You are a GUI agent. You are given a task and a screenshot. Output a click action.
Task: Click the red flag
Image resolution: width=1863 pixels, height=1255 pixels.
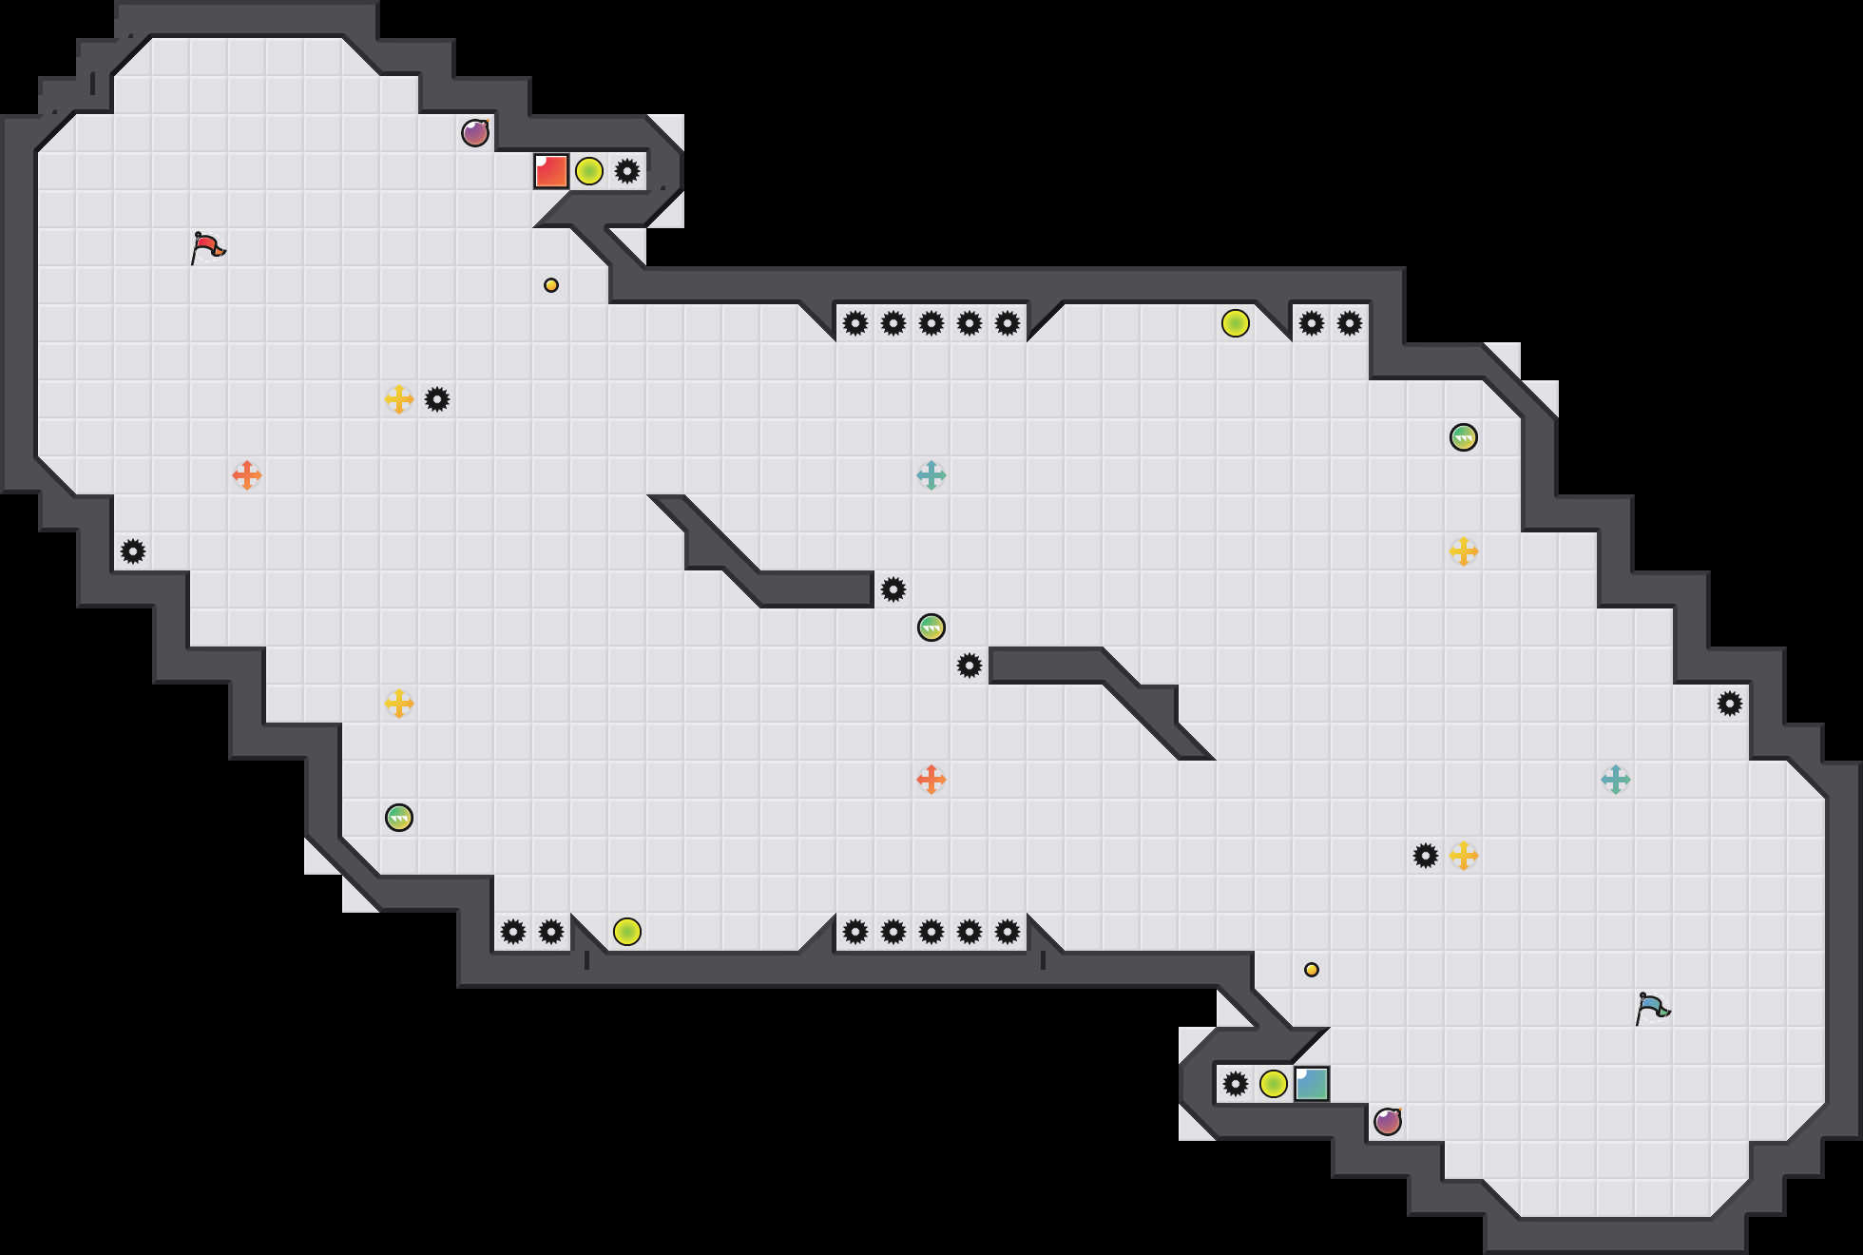207,248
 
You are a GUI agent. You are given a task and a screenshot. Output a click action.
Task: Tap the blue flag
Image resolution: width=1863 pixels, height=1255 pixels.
1652,1009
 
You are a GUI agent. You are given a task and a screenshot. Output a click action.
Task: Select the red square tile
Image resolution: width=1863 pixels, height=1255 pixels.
551,171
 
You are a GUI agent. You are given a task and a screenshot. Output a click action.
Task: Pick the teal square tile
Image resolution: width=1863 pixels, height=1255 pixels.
1312,1084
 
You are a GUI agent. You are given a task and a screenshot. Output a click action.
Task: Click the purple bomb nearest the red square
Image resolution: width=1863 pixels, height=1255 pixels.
475,133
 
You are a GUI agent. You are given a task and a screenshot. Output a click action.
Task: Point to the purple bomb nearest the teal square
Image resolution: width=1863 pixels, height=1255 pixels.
1388,1122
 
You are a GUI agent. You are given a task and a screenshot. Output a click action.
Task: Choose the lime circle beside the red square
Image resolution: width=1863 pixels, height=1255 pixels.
589,171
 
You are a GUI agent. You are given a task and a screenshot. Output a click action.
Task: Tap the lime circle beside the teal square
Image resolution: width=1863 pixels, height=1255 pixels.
1274,1084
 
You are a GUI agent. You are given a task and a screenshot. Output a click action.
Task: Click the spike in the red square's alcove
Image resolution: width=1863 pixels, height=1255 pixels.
627,171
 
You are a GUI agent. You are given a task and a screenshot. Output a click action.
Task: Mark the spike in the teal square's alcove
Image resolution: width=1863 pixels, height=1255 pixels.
1236,1084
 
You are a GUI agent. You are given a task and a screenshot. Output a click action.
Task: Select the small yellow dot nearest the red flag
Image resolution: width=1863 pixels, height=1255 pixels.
551,285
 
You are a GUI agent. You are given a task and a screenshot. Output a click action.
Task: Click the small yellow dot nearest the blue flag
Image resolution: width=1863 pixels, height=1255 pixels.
1312,970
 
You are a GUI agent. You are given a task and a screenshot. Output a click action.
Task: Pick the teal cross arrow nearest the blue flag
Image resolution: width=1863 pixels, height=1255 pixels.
1616,780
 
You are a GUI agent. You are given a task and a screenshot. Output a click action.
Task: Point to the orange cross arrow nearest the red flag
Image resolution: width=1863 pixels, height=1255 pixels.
247,475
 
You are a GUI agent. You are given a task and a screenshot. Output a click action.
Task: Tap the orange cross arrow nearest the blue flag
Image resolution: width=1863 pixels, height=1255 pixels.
931,780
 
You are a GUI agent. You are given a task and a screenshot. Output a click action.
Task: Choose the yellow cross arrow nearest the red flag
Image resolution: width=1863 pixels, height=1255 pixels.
399,399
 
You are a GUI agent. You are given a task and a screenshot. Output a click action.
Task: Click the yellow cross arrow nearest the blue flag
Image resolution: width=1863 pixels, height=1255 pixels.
1464,856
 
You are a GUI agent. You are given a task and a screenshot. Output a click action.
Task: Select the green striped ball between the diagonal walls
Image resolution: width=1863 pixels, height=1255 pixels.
931,627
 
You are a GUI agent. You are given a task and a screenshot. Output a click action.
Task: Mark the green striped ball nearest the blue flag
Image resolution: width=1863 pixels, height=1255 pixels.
1464,437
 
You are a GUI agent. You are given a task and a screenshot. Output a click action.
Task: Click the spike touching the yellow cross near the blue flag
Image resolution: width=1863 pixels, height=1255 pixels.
1426,856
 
